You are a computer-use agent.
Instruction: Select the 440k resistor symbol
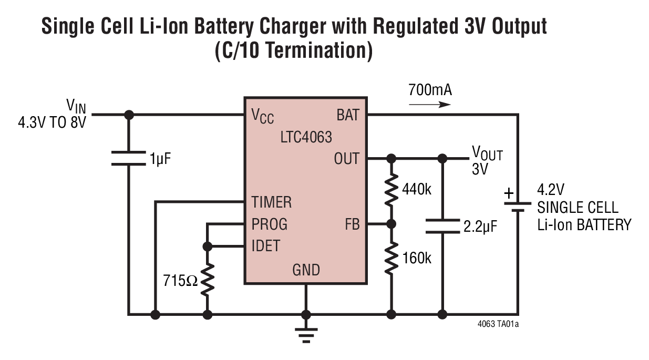(x=390, y=190)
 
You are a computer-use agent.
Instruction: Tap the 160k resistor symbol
(x=390, y=258)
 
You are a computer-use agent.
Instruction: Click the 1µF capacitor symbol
(x=128, y=158)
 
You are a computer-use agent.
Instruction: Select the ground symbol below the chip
(x=305, y=333)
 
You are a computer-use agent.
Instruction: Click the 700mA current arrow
(x=429, y=104)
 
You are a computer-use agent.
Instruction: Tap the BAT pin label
(x=348, y=115)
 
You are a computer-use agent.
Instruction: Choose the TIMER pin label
(x=271, y=202)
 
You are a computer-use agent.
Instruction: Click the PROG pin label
(x=269, y=224)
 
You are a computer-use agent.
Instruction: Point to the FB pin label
(x=352, y=224)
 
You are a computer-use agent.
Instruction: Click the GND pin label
(x=306, y=270)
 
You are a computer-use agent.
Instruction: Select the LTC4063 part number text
(x=306, y=138)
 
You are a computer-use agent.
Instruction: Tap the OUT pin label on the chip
(x=347, y=158)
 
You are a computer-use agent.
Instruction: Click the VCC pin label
(x=263, y=117)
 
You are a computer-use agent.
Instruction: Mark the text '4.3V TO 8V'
(x=51, y=127)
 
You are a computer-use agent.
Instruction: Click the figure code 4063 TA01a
(x=498, y=324)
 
